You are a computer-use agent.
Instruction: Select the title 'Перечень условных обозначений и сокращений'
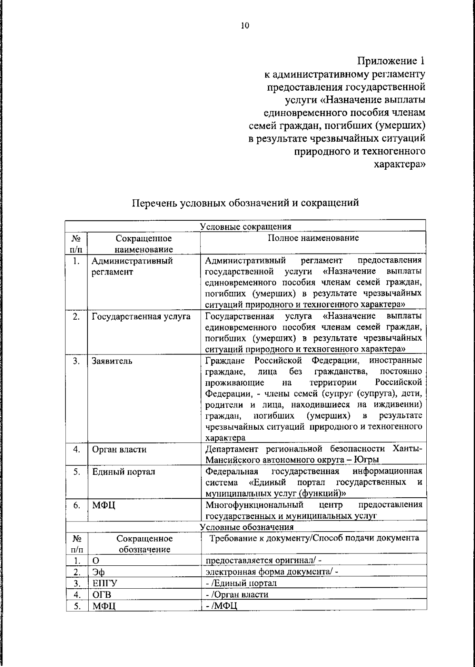pyautogui.click(x=245, y=203)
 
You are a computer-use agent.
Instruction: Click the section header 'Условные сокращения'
pyautogui.click(x=245, y=226)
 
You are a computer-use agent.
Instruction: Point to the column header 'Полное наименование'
pyautogui.click(x=313, y=238)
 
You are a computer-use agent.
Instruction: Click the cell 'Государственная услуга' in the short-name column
pyautogui.click(x=141, y=316)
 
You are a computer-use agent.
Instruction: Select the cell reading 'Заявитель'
pyautogui.click(x=112, y=361)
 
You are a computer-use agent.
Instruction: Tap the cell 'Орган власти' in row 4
pyautogui.click(x=119, y=449)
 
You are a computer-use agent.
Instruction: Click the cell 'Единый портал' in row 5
pyautogui.click(x=123, y=472)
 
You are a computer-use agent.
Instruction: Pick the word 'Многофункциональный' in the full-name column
pyautogui.click(x=255, y=505)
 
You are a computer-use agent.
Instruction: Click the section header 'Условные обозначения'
pyautogui.click(x=247, y=527)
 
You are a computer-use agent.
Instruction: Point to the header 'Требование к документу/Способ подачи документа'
pyautogui.click(x=314, y=538)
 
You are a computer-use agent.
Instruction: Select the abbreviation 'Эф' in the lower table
pyautogui.click(x=99, y=572)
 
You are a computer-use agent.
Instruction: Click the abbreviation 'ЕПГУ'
pyautogui.click(x=104, y=584)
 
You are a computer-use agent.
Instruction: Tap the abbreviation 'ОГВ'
pyautogui.click(x=102, y=595)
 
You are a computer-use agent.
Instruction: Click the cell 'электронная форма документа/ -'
pyautogui.click(x=272, y=572)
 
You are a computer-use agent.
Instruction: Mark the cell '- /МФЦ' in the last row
pyautogui.click(x=221, y=606)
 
